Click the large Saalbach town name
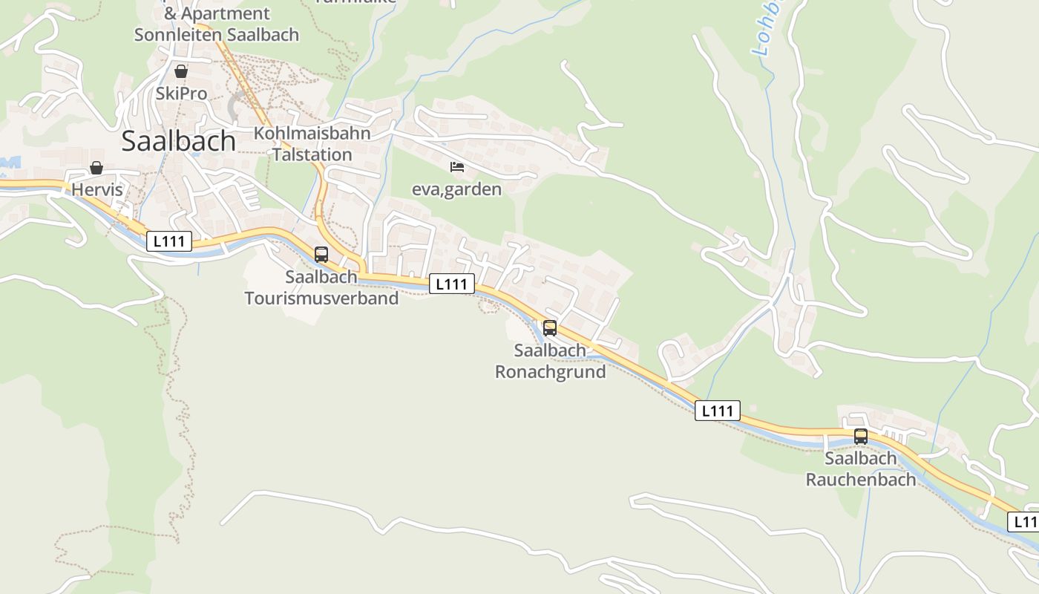click(178, 141)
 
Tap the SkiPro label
click(181, 94)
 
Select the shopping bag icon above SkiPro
click(180, 72)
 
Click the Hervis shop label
click(96, 190)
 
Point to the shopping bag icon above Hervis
click(96, 169)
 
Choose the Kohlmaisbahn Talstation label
click(312, 144)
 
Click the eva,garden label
click(456, 189)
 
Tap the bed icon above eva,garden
click(457, 167)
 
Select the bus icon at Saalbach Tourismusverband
click(321, 255)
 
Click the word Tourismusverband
click(321, 298)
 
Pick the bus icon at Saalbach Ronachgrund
click(550, 328)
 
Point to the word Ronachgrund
click(550, 372)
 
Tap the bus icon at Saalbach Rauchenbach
click(861, 437)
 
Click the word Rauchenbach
click(861, 480)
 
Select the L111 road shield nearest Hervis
click(169, 241)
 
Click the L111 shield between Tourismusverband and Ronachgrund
click(451, 284)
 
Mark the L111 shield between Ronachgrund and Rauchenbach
click(717, 411)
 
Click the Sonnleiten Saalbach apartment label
click(216, 34)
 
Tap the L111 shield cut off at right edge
click(1024, 521)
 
